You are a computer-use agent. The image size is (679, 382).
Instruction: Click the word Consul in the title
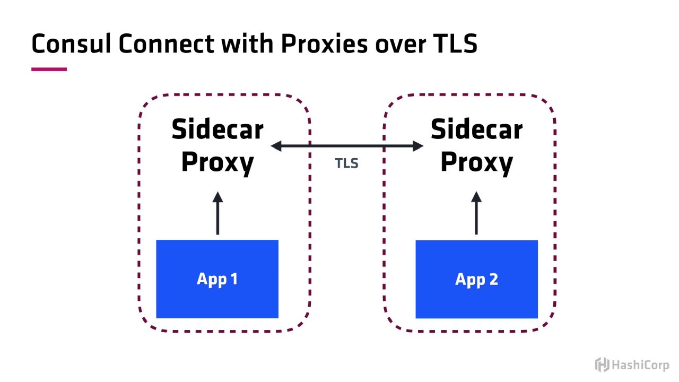coord(71,44)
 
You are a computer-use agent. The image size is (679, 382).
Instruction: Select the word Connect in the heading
coord(167,44)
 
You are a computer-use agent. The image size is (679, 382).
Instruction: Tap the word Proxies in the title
coord(324,44)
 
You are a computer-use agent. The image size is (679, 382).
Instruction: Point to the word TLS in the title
coord(455,44)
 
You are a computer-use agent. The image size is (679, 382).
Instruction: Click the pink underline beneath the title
coord(49,69)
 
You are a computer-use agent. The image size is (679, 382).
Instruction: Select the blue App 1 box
coord(217,279)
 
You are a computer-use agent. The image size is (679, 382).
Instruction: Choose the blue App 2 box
coord(476,279)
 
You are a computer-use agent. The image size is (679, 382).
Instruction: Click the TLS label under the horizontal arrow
coord(346,163)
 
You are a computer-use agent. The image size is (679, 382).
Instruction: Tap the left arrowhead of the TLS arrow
coord(276,146)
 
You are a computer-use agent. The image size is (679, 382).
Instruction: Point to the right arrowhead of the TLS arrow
coord(418,146)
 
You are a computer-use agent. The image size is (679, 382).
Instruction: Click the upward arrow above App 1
coord(217,213)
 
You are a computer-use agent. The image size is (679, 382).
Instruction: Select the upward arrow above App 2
coord(476,213)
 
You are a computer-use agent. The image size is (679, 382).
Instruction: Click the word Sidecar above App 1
coord(217,129)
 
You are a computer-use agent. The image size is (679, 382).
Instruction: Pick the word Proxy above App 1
coord(217,163)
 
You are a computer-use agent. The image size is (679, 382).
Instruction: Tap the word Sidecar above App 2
coord(476,129)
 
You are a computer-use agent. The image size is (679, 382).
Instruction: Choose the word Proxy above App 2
coord(476,163)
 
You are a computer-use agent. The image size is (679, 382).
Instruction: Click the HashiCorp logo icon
coord(602,364)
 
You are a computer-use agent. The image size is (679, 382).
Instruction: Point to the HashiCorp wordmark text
coord(640,365)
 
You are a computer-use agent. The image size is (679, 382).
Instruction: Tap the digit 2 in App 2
coord(494,279)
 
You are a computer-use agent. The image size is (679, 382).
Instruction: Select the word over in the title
coord(400,46)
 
